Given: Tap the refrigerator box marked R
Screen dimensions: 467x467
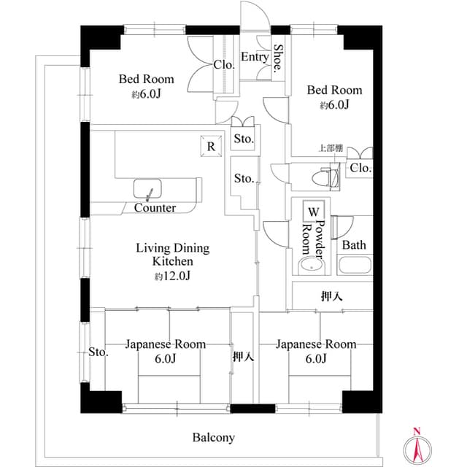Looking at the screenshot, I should [x=211, y=146].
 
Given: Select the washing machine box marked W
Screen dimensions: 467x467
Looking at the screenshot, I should [x=313, y=212].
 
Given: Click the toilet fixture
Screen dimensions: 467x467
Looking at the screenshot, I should [x=326, y=176].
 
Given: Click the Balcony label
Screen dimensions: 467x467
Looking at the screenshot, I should [x=213, y=438].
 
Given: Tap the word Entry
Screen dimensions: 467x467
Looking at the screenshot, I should [x=254, y=58].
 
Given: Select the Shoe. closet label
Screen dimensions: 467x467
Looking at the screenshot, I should [x=279, y=60].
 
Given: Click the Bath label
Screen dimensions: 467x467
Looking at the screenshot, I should [x=354, y=245].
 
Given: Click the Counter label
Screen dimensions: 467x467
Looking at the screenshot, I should [x=155, y=208].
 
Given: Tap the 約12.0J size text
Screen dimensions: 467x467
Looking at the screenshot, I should [x=172, y=276].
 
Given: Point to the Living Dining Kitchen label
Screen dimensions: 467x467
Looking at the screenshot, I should [x=172, y=255].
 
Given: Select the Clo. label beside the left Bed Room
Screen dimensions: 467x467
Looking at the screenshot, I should [x=224, y=64].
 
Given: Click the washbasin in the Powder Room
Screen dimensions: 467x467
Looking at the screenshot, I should [x=313, y=266].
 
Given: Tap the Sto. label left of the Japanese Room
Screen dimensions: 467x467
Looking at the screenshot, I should [x=99, y=352].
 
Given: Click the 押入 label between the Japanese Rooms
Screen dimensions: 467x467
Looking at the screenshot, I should [x=243, y=358].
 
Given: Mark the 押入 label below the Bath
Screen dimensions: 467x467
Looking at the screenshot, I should [x=332, y=296].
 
